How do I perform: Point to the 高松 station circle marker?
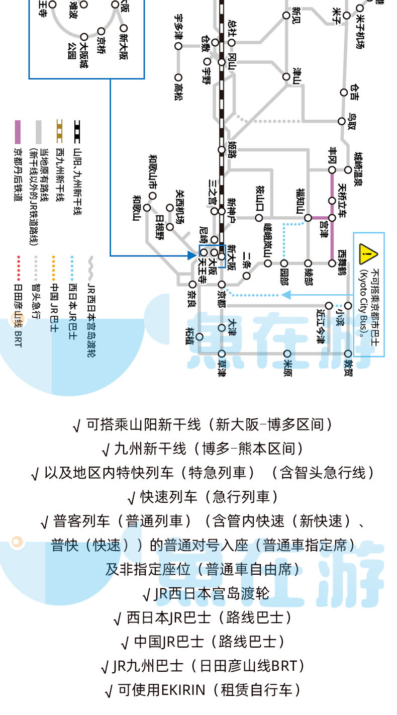[x=178, y=77]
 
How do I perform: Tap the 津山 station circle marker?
[x=286, y=77]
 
